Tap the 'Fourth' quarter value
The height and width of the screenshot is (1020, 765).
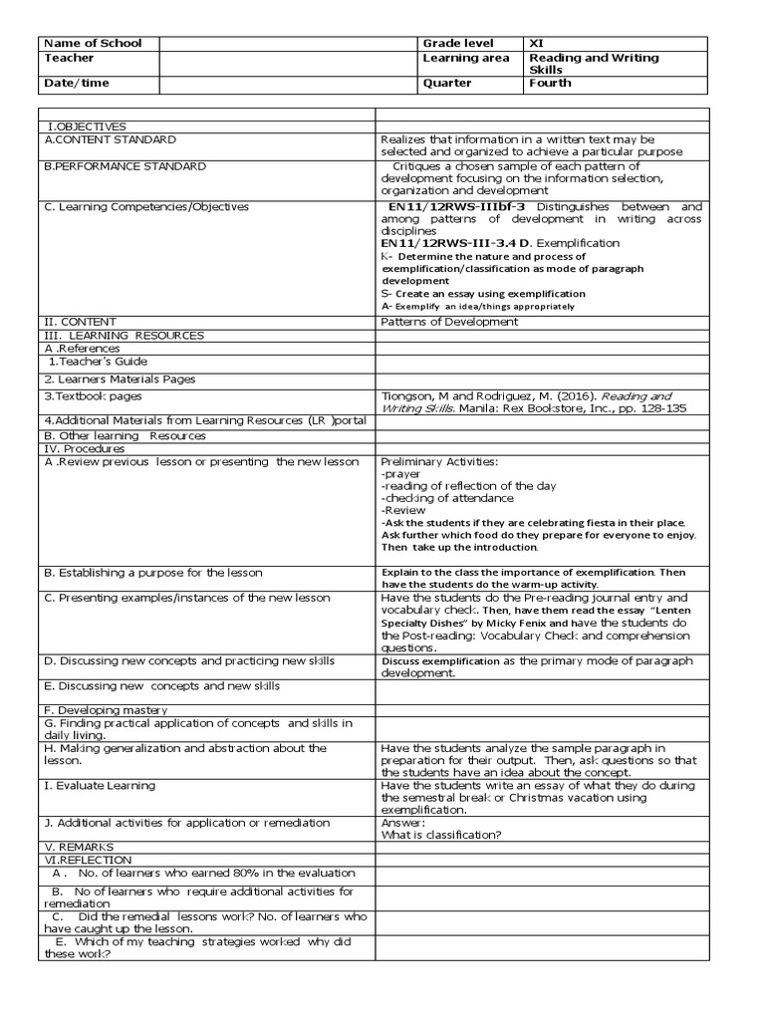coord(550,84)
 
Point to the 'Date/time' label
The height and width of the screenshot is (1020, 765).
coord(77,84)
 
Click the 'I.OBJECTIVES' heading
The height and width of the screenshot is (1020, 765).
coord(88,127)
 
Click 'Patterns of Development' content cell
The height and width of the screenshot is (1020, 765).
coord(449,322)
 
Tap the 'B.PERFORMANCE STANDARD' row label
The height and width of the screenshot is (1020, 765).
coord(125,166)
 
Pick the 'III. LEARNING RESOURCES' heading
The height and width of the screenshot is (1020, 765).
coord(124,336)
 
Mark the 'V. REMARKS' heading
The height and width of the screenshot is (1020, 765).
coord(80,847)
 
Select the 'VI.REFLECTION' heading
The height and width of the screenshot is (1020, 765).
coord(88,860)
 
